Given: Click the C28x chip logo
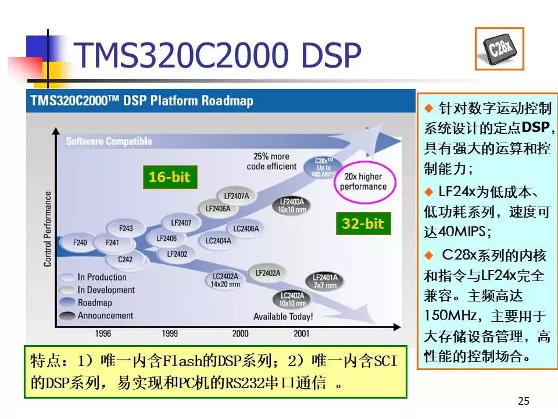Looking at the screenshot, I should pos(499,49).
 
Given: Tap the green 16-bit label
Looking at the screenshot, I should pos(169,177).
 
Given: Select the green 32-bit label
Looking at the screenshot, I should pos(363,223).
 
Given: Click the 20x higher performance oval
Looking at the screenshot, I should pos(363,182).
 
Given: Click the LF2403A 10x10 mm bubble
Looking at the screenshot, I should pos(292,205).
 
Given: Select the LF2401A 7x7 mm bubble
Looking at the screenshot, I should pos(325,281).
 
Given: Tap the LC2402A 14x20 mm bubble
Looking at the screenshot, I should pos(226,280).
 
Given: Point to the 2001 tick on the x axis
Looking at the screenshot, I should pos(301,333).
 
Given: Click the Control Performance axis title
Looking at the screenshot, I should pos(48,229).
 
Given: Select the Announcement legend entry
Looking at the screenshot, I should pos(105,315).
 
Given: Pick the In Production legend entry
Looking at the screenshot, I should pos(101,277).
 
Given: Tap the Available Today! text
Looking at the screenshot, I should pos(283,317).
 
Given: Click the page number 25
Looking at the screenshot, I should pos(523,400).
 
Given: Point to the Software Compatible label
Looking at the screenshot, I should pos(109,141).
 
